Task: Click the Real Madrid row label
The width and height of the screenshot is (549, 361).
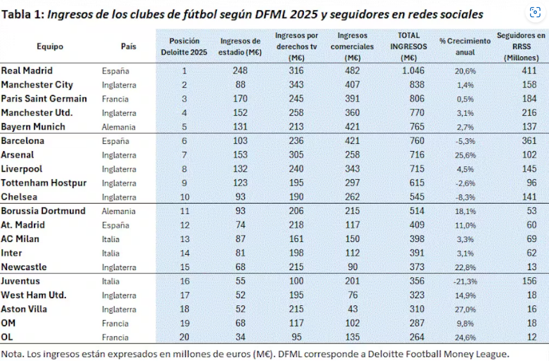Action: pos(27,70)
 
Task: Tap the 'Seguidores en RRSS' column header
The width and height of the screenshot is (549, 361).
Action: pos(521,46)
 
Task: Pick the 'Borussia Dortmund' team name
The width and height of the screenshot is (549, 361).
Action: pos(43,211)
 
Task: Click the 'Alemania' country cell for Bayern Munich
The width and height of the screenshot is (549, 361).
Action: pos(118,127)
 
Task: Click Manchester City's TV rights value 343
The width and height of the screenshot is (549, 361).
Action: pos(298,84)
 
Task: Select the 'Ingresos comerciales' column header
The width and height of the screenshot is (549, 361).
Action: pos(353,46)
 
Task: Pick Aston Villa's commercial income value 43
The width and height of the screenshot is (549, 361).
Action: pos(353,309)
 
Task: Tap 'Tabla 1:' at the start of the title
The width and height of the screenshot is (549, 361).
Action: pos(22,15)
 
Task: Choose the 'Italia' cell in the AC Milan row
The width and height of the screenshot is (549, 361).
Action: pos(113,239)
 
